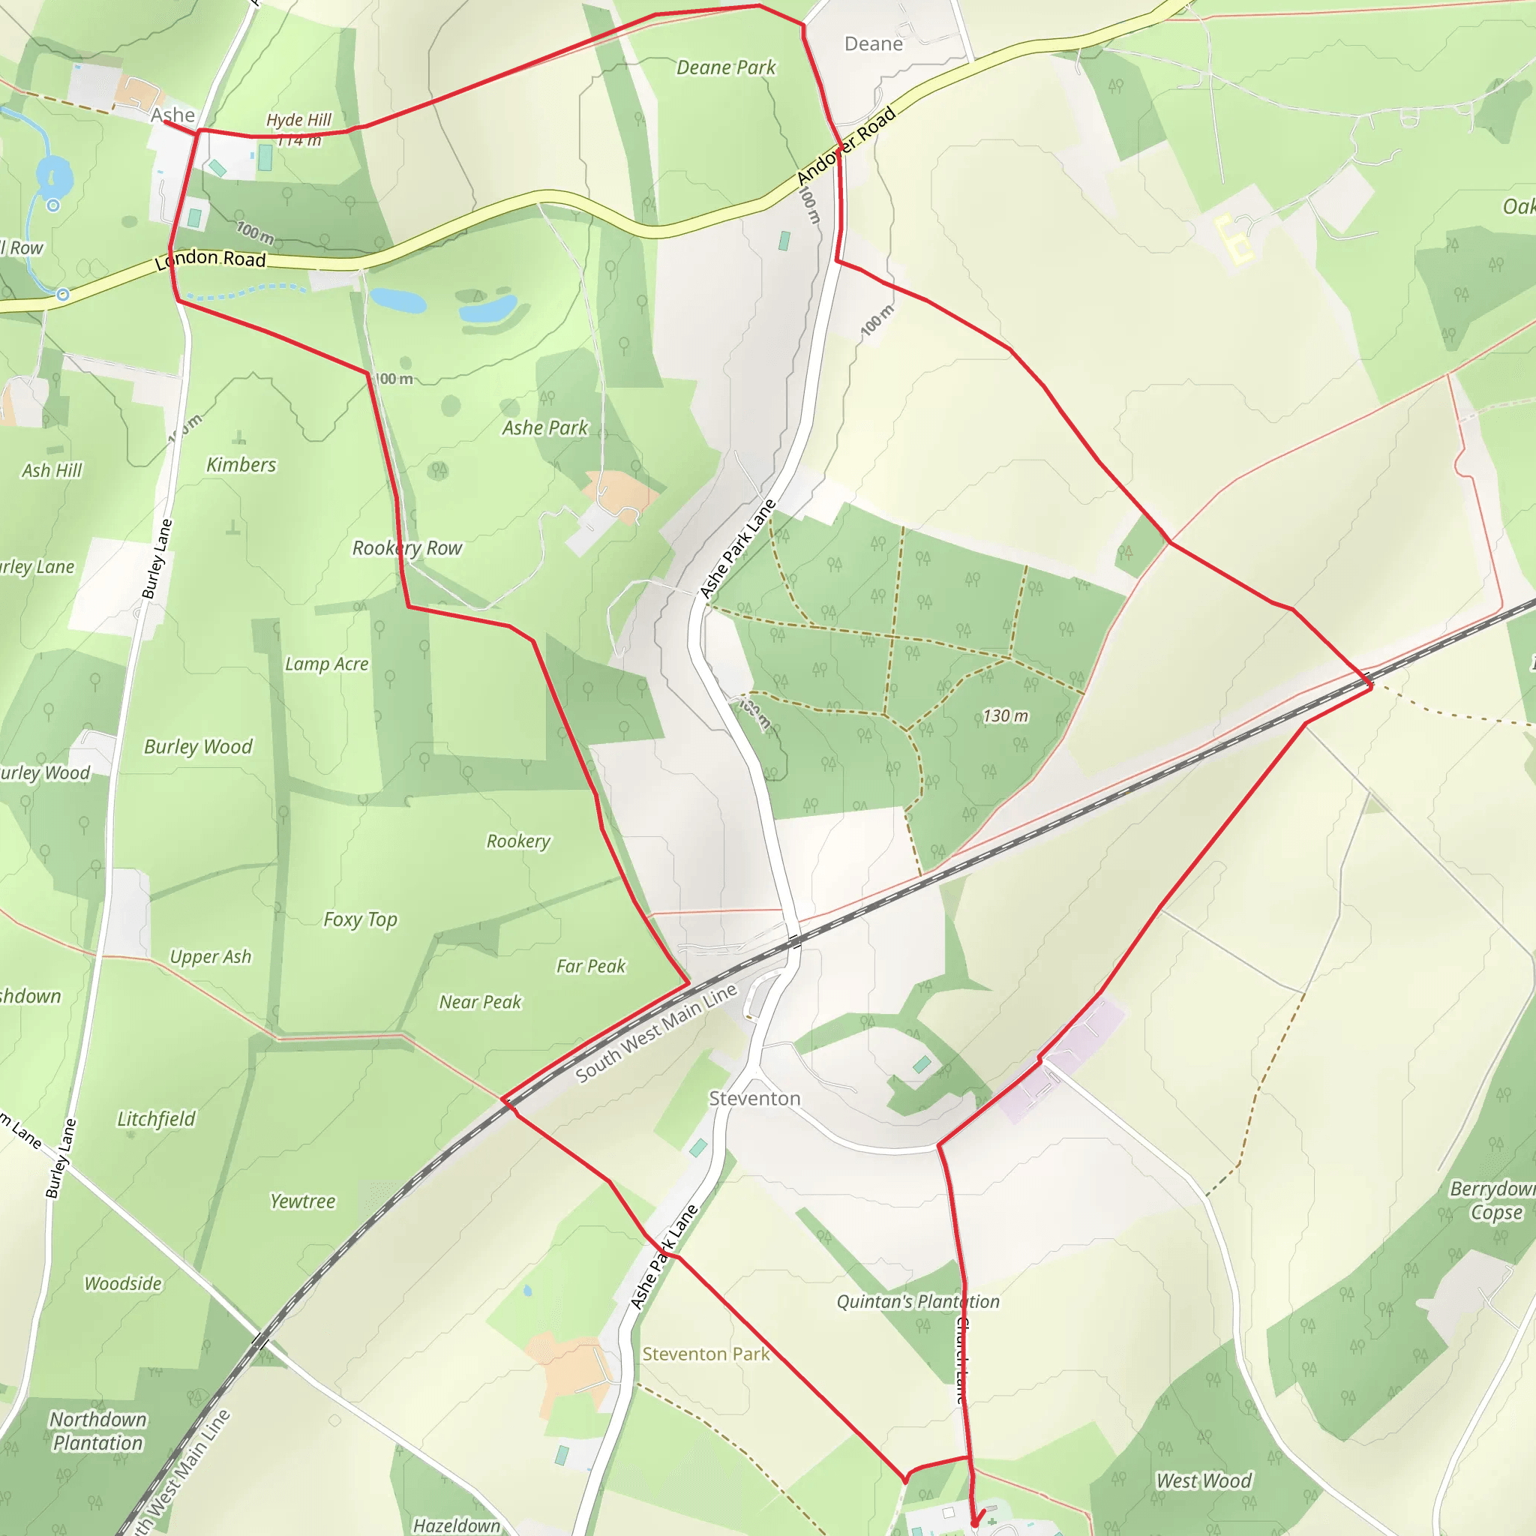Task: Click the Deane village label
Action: coord(873,44)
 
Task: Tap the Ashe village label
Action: coord(172,115)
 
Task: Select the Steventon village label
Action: coord(754,1099)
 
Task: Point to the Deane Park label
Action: coord(726,67)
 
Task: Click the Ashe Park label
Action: coord(544,427)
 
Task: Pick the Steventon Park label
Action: coord(706,1354)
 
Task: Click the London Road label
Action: coord(210,259)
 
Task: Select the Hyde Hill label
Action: coord(298,120)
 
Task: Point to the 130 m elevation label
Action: coord(1005,715)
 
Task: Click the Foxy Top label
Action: coord(360,919)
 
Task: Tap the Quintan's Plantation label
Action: coord(917,1301)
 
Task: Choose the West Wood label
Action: coord(1204,1480)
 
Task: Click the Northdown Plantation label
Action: coord(97,1431)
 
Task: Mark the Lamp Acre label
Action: coord(327,664)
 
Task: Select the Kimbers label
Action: coord(241,465)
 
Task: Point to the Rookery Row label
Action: coord(407,547)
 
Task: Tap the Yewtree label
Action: coord(302,1201)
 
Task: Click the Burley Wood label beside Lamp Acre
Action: coord(198,746)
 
